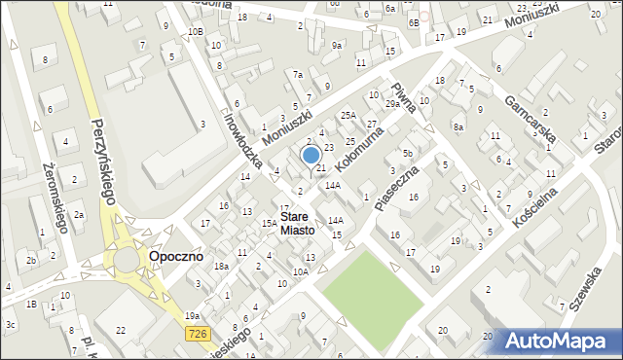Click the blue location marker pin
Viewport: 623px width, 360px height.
click(311, 156)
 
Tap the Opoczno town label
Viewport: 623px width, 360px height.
click(175, 257)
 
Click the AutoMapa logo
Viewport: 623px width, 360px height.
click(560, 341)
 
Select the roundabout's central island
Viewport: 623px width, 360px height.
click(128, 260)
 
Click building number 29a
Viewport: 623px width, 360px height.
click(392, 104)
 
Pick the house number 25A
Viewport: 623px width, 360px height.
click(348, 116)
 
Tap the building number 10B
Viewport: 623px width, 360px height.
click(196, 32)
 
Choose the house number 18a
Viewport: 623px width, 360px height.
click(221, 267)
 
